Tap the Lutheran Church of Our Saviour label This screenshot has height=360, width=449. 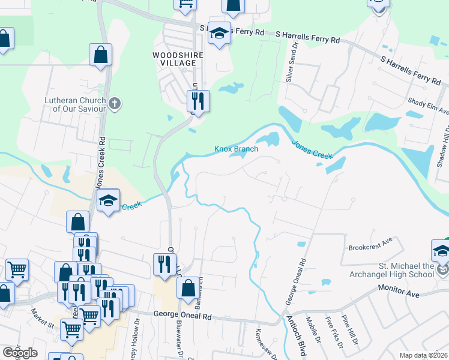[75, 104]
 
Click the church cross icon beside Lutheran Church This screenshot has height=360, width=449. [115, 104]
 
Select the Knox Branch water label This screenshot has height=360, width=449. [237, 149]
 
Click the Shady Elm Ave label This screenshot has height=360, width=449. [428, 107]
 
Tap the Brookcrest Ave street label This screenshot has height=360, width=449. [370, 247]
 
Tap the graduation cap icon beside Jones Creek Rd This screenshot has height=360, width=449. [109, 201]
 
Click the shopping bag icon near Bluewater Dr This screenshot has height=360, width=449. [188, 287]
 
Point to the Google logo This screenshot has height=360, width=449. [20, 353]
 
